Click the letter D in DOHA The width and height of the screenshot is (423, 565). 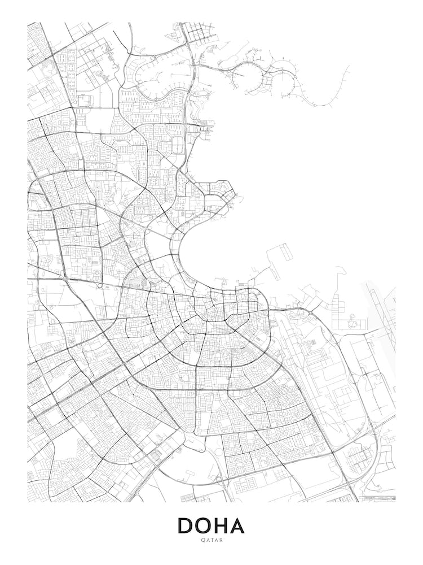point(186,525)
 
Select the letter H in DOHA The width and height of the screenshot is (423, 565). point(221,525)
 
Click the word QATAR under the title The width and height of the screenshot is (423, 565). point(211,540)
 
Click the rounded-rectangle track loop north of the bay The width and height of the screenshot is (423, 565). point(178,144)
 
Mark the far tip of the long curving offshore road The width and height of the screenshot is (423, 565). point(349,66)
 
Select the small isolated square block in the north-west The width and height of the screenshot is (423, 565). point(85,101)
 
